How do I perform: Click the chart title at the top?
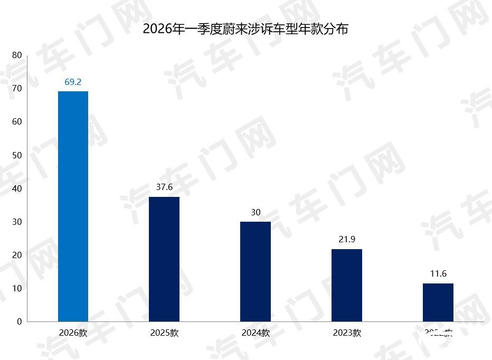245,29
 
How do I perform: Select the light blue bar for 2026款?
73,206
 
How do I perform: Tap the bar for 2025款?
164,259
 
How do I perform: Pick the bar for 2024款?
256,271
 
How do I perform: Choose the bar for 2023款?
347,285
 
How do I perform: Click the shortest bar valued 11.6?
438,302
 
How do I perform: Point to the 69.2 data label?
73,82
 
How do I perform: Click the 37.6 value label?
164,187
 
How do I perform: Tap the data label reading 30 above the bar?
256,212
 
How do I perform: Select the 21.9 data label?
347,239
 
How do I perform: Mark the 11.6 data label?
438,273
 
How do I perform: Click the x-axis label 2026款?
73,333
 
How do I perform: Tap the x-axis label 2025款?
164,333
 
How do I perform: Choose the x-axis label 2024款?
256,333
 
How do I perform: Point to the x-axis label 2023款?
347,333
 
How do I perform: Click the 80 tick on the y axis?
17,55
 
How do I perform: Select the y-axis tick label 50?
17,155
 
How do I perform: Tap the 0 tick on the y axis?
20,321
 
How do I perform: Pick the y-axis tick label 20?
17,255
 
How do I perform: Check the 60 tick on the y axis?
17,122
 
